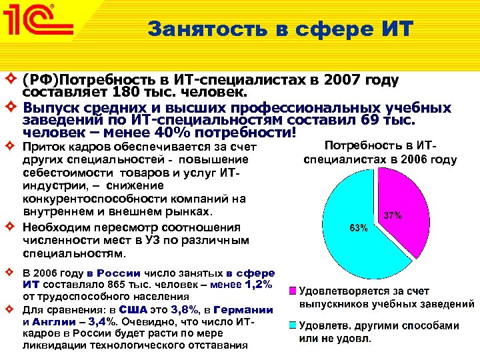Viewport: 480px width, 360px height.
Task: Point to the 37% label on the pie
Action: pos(393,215)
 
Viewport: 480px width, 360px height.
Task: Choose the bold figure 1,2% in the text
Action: pos(259,285)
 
